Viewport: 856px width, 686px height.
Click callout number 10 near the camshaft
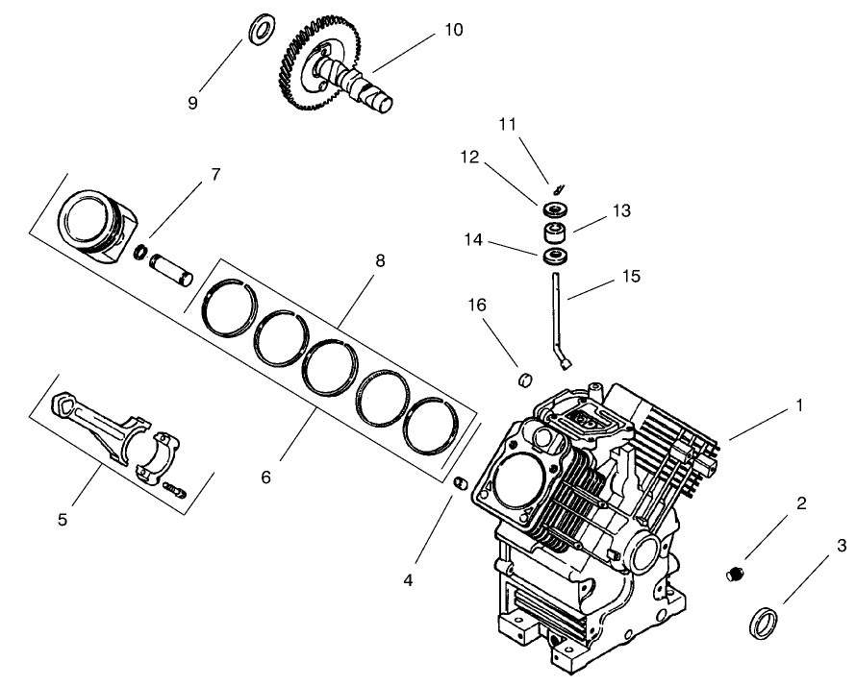(453, 30)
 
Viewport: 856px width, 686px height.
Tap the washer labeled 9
(259, 30)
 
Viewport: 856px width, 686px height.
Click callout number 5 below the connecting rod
(63, 520)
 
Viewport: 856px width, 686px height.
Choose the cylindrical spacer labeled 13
(555, 233)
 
